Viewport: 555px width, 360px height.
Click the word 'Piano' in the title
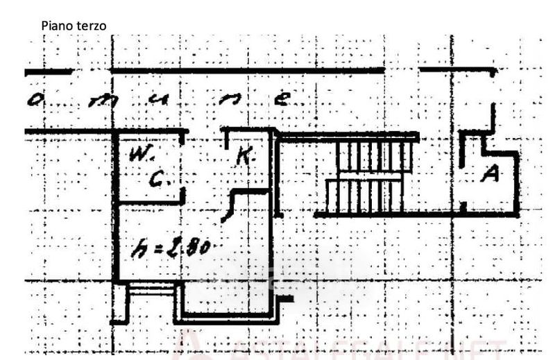[55, 25]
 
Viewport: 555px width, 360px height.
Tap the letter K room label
[243, 157]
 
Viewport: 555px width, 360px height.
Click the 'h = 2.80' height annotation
[170, 248]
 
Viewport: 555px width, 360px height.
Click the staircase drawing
[368, 177]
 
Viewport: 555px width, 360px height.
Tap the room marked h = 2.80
[194, 264]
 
